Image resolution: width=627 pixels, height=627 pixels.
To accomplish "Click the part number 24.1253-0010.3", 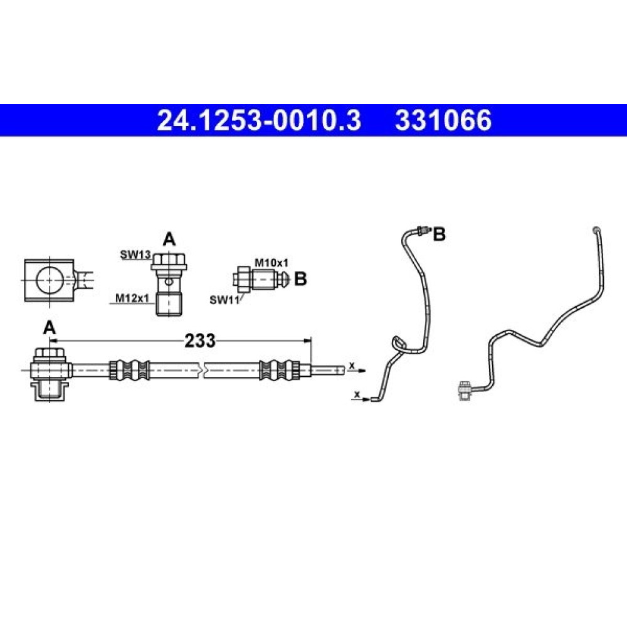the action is pos(259,120).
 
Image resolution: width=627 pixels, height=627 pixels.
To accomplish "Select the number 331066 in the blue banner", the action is pos(443,120).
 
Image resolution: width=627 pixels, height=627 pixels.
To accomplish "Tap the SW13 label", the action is pos(135,255).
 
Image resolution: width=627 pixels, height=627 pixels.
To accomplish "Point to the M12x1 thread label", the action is pos(132,298).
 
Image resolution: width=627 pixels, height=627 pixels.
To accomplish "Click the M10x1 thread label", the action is pos(271,263).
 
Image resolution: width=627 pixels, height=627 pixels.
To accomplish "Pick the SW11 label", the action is pos(224,300).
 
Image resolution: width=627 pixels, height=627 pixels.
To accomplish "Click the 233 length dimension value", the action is pos(199,340).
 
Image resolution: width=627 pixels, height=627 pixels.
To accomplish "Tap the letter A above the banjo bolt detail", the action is pos(169,240).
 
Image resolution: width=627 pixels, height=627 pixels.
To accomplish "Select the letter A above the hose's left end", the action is pos(49,328).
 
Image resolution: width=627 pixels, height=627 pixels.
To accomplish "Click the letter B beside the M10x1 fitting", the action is pos(300,279).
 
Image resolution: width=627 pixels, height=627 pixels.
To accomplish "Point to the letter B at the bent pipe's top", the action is pos(440,234).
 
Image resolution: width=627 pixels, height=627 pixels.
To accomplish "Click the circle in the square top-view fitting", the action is pos(50,280).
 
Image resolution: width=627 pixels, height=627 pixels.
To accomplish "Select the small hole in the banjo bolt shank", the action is pos(169,282).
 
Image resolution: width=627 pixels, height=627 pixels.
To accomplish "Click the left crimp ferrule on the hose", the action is pos(129,371).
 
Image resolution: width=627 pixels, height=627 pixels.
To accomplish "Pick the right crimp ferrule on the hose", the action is pos(280,371).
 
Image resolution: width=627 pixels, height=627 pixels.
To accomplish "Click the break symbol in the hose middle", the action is pos(202,371).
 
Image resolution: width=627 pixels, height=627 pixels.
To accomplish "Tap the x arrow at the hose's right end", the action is pos(356,369).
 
